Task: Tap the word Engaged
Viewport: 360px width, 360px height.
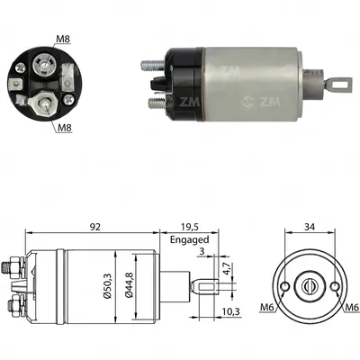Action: pyautogui.click(x=189, y=240)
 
